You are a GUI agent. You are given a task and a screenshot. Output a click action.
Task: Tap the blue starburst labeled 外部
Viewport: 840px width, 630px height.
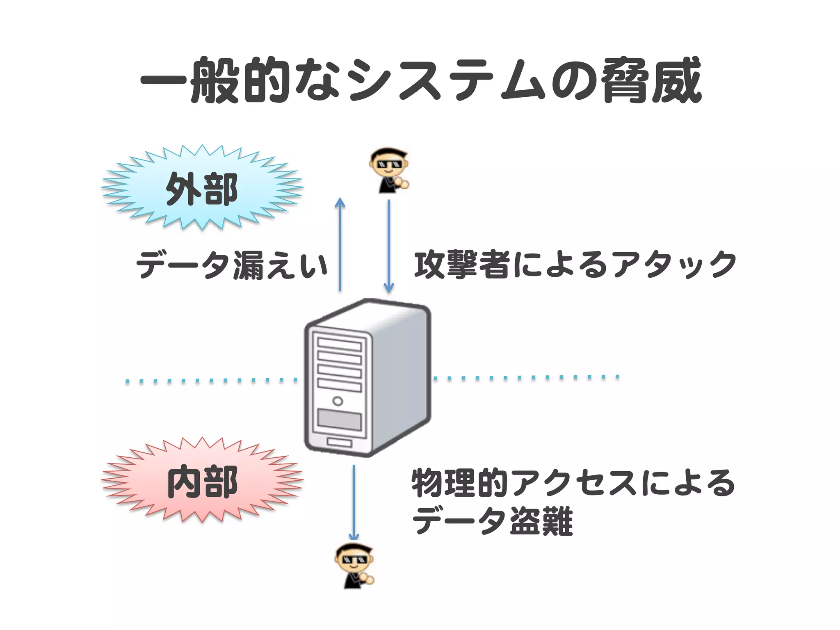(x=202, y=187)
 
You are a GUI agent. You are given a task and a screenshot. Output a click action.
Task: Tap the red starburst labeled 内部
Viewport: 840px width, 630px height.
(x=202, y=481)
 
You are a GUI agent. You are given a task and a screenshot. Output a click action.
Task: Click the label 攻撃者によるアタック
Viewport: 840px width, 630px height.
(x=574, y=265)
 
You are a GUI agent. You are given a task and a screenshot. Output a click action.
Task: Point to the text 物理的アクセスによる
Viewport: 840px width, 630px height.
(x=573, y=483)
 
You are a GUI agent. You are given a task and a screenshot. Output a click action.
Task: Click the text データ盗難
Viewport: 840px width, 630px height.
(x=492, y=521)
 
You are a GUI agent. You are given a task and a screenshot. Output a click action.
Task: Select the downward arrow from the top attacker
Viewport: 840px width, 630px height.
(x=389, y=246)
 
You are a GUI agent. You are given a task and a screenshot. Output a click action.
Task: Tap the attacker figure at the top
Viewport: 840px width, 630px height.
(x=389, y=170)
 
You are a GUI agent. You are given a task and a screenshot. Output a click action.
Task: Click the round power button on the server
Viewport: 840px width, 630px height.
(x=338, y=401)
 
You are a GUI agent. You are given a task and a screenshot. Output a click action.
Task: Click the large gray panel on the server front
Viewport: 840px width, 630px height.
(x=339, y=419)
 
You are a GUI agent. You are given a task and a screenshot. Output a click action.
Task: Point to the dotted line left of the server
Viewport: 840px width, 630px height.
(x=211, y=381)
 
